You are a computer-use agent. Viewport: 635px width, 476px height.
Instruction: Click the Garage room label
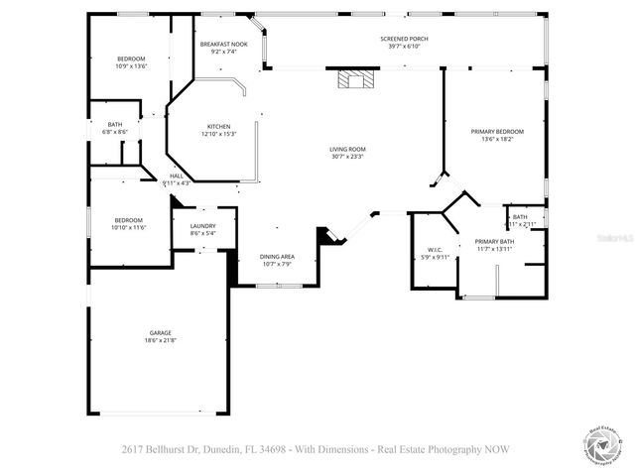(161, 332)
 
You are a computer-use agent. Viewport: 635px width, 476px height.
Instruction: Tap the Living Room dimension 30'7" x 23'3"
(347, 157)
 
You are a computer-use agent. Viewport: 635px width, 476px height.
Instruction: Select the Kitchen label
(218, 126)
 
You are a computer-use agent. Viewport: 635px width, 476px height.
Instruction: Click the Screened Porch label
(404, 39)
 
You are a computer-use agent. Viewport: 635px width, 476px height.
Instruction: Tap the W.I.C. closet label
(436, 250)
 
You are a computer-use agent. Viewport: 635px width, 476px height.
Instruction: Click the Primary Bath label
(494, 241)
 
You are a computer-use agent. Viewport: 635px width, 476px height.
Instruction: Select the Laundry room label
(202, 226)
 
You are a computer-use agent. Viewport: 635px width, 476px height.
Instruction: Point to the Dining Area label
(277, 256)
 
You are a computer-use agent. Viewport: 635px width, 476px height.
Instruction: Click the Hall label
(175, 176)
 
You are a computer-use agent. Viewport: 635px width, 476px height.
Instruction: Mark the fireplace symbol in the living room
(351, 79)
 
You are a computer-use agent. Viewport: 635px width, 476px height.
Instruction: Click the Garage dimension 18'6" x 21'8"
(161, 340)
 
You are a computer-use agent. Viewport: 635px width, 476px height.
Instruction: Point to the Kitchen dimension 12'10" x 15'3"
(218, 134)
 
